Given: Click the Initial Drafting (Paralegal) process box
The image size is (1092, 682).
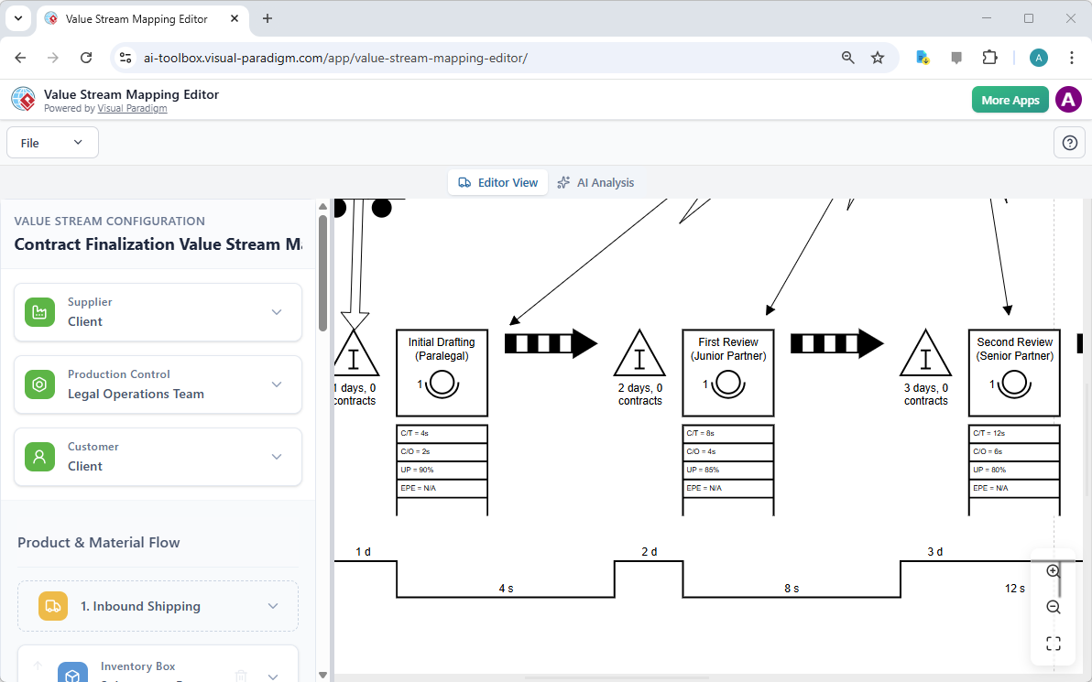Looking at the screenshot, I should coord(442,373).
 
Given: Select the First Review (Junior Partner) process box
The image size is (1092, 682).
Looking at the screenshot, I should coord(728,373).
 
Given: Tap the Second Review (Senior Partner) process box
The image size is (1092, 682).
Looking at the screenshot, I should coord(1014,373).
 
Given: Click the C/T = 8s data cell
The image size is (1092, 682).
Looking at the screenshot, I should coord(728,433).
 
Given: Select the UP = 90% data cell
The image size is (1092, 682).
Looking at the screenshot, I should coord(442,470).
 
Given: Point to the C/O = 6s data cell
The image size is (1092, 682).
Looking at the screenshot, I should coord(1014,451).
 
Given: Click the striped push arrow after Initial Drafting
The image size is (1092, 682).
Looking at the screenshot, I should coord(551,343).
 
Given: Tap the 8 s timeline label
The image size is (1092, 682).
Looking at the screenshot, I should coord(792,589).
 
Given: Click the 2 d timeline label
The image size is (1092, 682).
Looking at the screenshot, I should coord(649,552).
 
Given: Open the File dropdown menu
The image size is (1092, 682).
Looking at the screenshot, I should coord(52,143).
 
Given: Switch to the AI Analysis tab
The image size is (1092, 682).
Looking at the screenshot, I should coord(595,182).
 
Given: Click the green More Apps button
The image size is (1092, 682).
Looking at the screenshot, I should coord(1010,100).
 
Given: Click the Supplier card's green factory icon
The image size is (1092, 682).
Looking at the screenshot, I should coord(39,312).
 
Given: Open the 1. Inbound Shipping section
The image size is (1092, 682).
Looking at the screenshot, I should coord(158,606).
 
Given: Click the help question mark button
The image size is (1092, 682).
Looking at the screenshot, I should coord(1069,143).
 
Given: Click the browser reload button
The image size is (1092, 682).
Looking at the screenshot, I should coord(86,58).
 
